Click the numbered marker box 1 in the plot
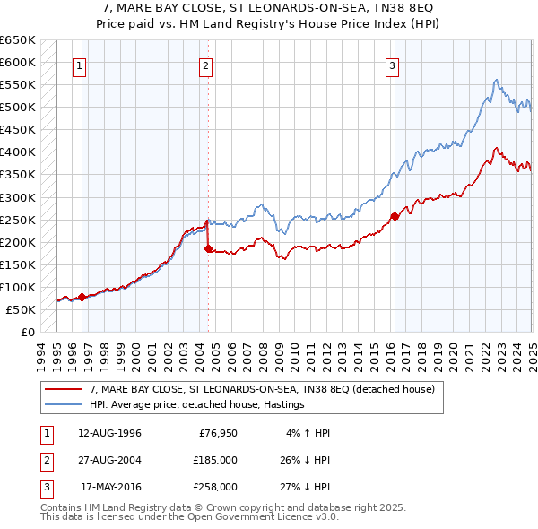80,65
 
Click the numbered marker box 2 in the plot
206,65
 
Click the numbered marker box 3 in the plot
393,65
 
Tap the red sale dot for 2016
395,215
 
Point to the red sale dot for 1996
82,297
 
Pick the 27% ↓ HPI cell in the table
302,488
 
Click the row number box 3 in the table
46,488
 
